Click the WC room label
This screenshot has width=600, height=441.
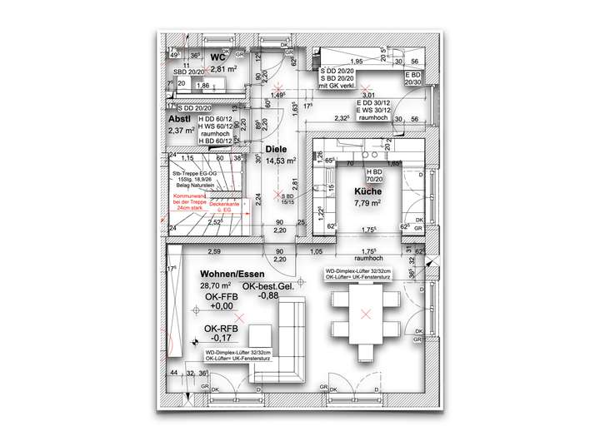click(217, 57)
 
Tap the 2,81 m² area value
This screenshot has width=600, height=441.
click(222, 69)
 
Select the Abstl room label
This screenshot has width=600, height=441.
click(180, 119)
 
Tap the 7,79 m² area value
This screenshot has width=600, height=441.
click(367, 202)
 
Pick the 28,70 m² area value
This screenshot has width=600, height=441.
click(215, 286)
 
